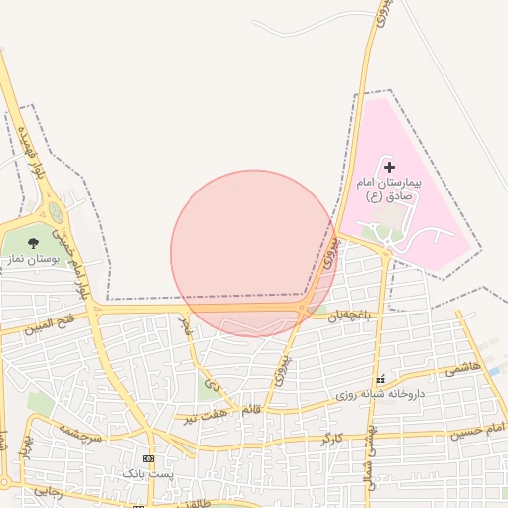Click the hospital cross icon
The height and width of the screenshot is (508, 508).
click(389, 168)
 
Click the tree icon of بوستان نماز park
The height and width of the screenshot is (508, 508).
click(33, 242)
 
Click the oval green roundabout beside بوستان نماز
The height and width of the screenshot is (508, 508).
click(57, 213)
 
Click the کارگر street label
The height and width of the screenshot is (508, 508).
click(331, 437)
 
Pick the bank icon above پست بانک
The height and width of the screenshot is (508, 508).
click(148, 458)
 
